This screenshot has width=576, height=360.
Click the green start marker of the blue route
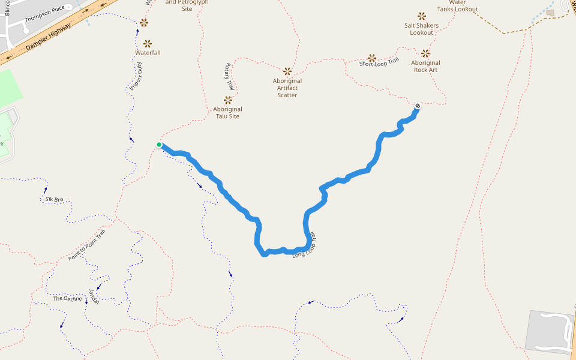[x=159, y=145]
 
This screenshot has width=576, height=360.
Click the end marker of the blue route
[x=418, y=106]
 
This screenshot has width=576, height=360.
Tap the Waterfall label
[x=148, y=53]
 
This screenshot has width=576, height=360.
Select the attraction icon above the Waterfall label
[x=148, y=44]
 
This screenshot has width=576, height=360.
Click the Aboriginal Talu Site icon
[x=228, y=100]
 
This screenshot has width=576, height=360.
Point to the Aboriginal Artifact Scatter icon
[x=287, y=71]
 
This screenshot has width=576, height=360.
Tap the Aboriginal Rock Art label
[x=425, y=66]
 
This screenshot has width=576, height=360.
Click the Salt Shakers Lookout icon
[x=421, y=16]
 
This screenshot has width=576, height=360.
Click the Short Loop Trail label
[x=379, y=62]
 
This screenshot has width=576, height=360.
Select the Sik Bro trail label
[x=54, y=199]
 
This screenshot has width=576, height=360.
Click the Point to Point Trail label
[x=86, y=245]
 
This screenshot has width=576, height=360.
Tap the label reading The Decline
[x=67, y=298]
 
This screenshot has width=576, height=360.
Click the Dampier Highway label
[x=49, y=37]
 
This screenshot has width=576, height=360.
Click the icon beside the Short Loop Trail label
[x=372, y=58]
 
